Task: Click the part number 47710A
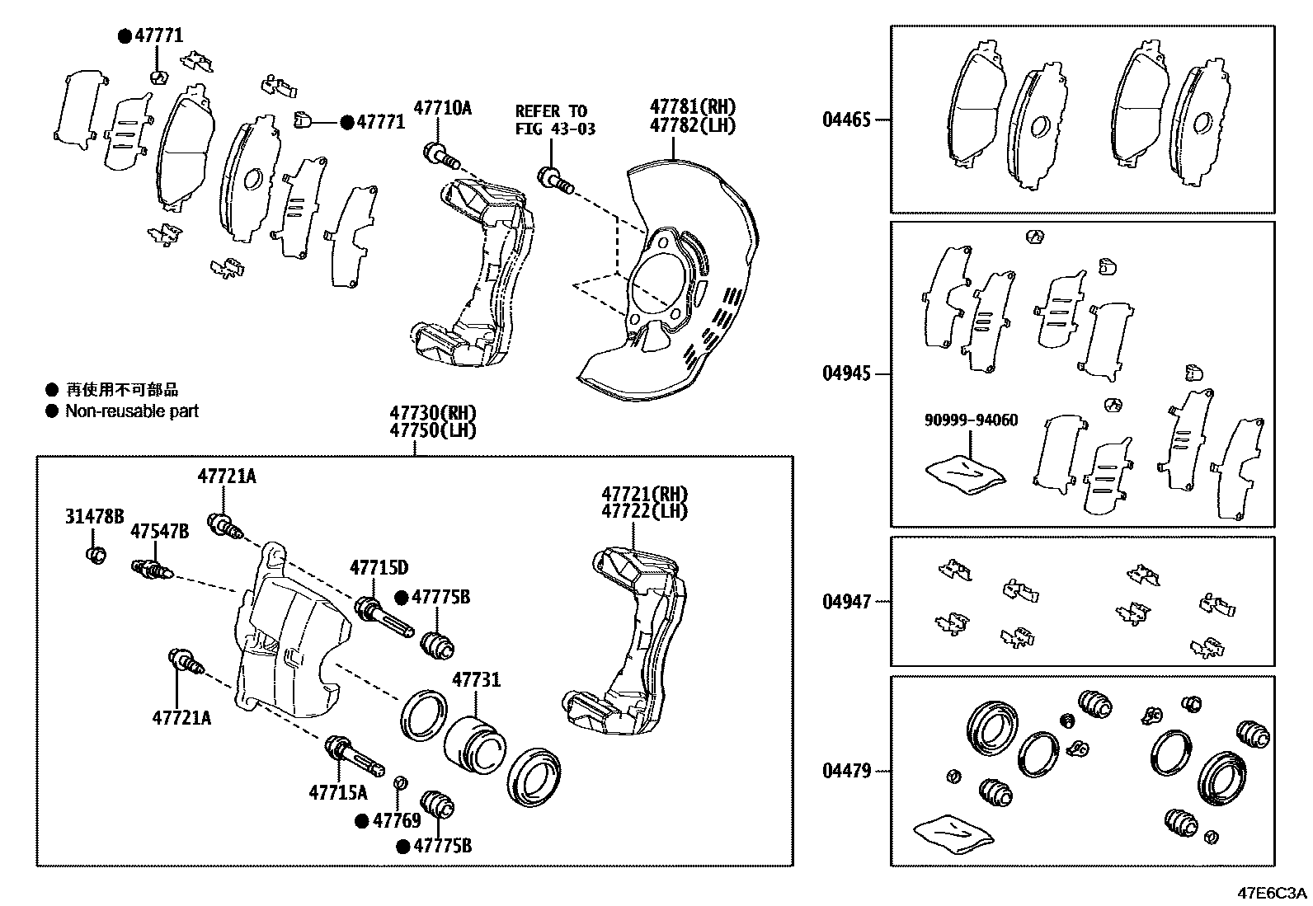[442, 107]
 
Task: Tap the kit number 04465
[845, 120]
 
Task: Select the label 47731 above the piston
[475, 680]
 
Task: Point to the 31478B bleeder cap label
[94, 517]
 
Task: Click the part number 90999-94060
[971, 420]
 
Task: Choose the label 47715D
[379, 568]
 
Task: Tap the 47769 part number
[397, 820]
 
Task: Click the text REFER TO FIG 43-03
[551, 120]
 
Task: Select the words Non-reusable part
[132, 411]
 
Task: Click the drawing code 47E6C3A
[1270, 893]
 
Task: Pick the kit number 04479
[845, 772]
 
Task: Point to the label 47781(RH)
[692, 107]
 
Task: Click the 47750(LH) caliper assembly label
[433, 430]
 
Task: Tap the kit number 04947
[845, 602]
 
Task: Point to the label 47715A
[338, 792]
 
